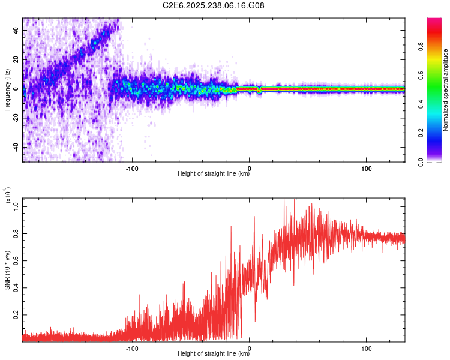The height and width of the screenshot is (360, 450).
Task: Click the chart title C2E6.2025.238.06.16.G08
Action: click(x=214, y=5)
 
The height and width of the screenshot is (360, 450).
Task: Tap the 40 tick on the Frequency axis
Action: click(x=16, y=29)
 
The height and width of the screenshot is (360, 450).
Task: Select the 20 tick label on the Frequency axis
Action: click(x=16, y=59)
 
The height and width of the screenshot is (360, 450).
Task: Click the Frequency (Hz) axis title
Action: click(x=7, y=90)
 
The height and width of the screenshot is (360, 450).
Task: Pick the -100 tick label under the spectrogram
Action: click(x=132, y=167)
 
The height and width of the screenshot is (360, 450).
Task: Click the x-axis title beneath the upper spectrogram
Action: click(x=214, y=174)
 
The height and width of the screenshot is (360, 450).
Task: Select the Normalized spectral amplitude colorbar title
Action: click(x=446, y=90)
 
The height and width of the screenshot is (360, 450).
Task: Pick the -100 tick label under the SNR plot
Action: click(x=132, y=347)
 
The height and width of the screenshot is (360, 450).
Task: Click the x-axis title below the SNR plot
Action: click(x=214, y=354)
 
